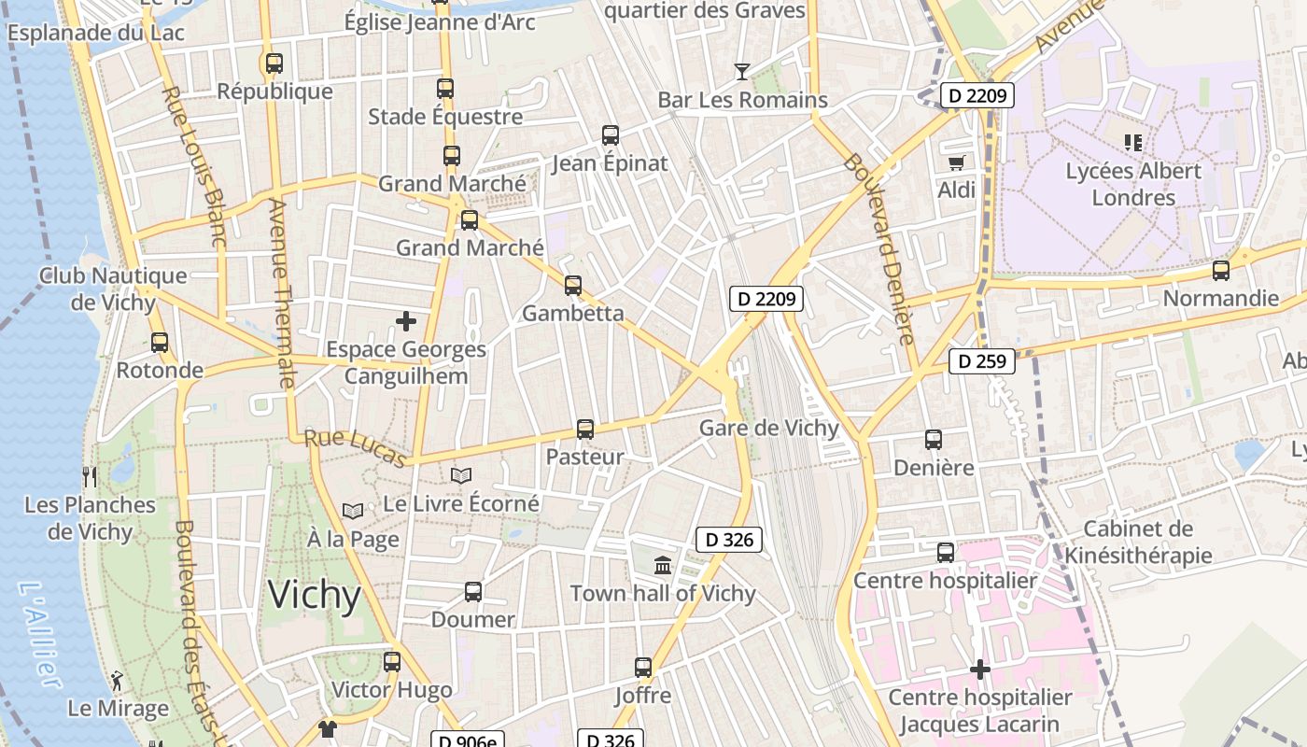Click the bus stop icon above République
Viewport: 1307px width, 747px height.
[274, 63]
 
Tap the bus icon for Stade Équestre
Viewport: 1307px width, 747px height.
[445, 89]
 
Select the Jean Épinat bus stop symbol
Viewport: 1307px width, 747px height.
[611, 135]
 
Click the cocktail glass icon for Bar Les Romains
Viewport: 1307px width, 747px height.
[742, 71]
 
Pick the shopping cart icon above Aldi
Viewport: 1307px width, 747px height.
[956, 162]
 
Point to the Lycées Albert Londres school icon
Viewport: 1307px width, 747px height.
[1133, 143]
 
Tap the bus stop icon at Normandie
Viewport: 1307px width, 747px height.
[1220, 271]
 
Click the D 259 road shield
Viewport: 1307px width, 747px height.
[982, 361]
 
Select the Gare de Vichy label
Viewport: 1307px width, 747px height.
[769, 429]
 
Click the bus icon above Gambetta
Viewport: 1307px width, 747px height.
[573, 285]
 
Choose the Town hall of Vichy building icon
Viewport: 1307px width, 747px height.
[663, 565]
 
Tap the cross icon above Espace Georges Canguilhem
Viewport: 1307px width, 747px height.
[406, 321]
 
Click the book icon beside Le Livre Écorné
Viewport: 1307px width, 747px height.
[461, 475]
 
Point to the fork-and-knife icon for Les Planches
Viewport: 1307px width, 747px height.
[90, 477]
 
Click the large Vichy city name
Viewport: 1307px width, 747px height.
[314, 595]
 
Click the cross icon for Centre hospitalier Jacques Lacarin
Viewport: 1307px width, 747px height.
[980, 669]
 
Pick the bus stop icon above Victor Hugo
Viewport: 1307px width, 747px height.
[392, 662]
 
